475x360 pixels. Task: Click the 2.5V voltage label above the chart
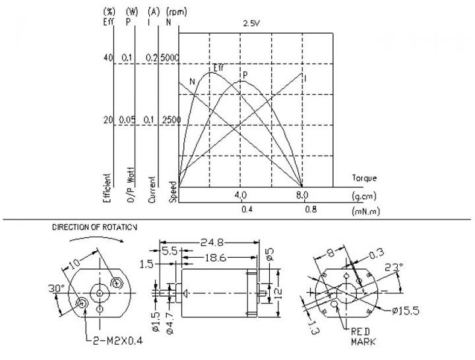pos(251,24)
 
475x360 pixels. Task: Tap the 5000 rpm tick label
pos(170,57)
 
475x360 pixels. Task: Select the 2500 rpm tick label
pos(172,120)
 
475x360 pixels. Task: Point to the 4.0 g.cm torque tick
pos(241,195)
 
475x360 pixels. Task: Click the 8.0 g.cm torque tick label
pos(301,195)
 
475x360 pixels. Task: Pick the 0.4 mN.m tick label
pos(247,209)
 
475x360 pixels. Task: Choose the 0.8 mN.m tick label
pos(311,209)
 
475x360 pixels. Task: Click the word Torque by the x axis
pos(364,178)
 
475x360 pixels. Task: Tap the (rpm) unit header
pos(177,12)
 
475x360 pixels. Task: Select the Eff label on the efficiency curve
pos(218,67)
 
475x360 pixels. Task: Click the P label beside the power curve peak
pos(245,75)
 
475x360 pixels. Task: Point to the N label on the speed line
pos(193,82)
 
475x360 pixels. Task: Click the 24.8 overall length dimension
pos(212,242)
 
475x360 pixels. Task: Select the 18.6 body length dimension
pos(215,258)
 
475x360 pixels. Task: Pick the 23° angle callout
pos(394,267)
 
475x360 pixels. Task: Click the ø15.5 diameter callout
pos(405,311)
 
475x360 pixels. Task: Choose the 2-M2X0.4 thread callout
pos(117,342)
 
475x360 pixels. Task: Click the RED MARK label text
pos(364,337)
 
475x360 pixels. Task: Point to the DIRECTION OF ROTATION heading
pos(94,227)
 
